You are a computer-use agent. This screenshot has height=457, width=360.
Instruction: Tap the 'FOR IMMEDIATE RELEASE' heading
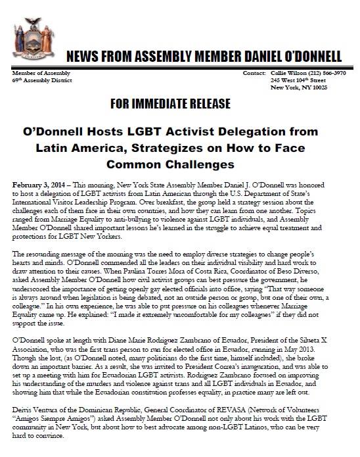pyautogui.click(x=179, y=105)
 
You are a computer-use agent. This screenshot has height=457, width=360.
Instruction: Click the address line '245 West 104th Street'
pyautogui.click(x=303, y=80)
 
